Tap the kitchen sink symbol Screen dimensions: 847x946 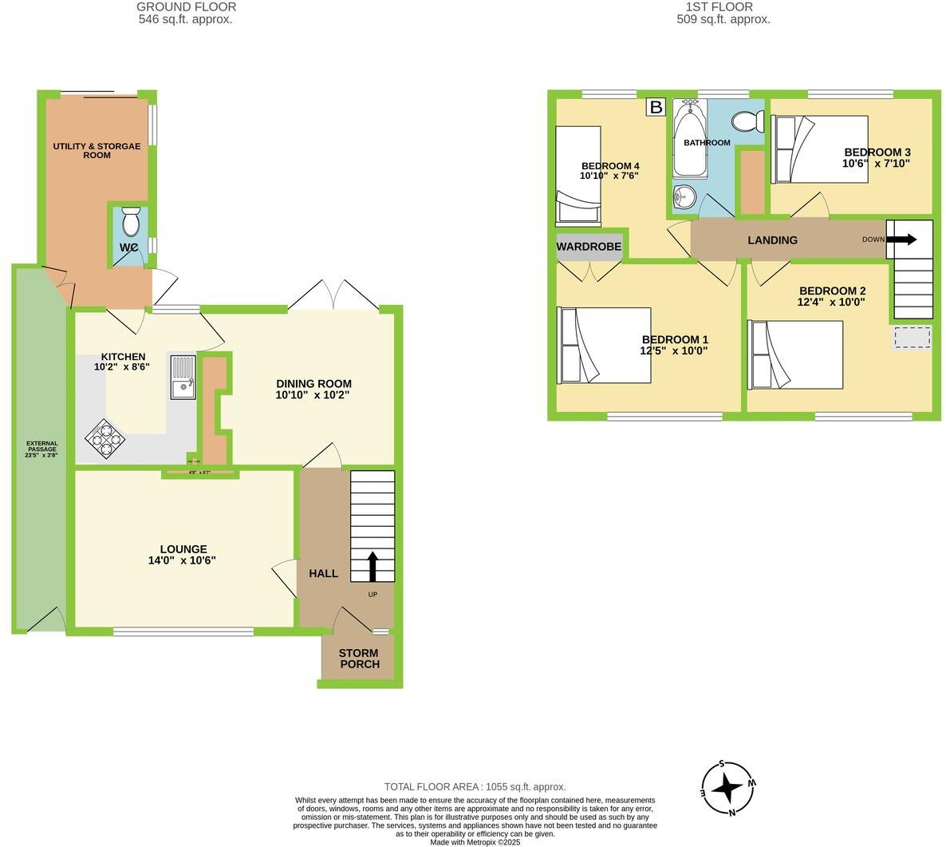pos(182,377)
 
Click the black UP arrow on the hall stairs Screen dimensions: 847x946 pos(372,567)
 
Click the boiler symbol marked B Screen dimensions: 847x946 pos(655,107)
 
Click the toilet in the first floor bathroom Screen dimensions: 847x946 pos(745,122)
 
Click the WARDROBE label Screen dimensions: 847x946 pos(589,247)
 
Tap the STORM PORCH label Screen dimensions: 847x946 pos(359,659)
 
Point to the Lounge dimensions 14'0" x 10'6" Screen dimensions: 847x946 pos(182,560)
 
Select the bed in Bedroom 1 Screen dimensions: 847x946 pos(605,345)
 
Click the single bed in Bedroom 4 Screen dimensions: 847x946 pos(577,174)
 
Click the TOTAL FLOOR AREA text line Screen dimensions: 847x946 pos(475,786)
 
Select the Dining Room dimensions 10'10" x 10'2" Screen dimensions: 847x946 pos(313,394)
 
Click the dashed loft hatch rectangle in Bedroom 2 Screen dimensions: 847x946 pos(911,338)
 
